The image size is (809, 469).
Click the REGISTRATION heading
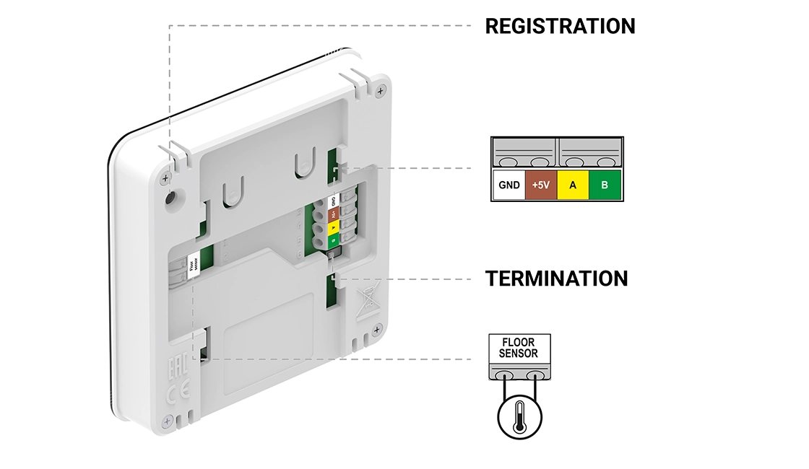tap(560, 27)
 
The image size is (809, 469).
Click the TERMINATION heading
tap(556, 278)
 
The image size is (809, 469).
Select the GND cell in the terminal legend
tap(509, 185)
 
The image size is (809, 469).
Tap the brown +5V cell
tap(540, 185)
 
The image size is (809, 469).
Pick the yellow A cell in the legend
tap(573, 185)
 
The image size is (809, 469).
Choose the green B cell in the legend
tap(605, 185)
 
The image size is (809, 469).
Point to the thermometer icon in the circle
tap(519, 417)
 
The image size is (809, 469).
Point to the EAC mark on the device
tap(175, 368)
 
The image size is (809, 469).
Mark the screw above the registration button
tap(166, 177)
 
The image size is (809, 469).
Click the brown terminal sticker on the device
tap(332, 214)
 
